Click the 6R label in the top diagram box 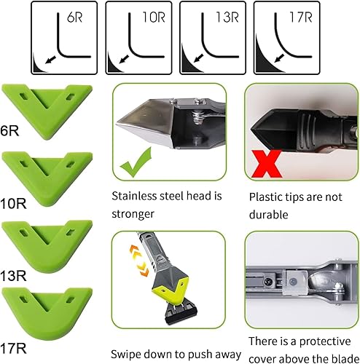click(x=74, y=17)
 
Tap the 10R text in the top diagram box click(x=154, y=17)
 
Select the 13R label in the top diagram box click(x=227, y=17)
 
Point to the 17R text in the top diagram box click(x=301, y=17)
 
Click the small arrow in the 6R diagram click(x=50, y=60)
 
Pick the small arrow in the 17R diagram click(x=279, y=58)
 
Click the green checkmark click(x=136, y=162)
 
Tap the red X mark click(x=267, y=164)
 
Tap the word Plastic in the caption click(x=265, y=197)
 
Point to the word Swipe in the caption click(x=125, y=354)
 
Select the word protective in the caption click(x=325, y=342)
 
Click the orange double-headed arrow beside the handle click(x=138, y=261)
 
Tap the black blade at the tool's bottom click(x=181, y=317)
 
